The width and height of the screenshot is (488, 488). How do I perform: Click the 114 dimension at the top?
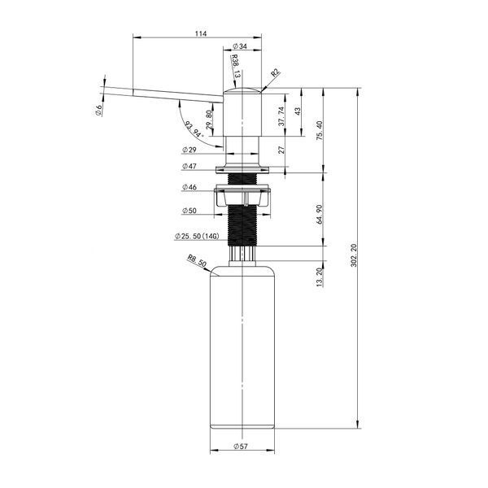pyautogui.click(x=201, y=33)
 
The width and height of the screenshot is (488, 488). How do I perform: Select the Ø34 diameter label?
pyautogui.click(x=240, y=46)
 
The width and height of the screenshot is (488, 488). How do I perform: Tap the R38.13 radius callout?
pyautogui.click(x=236, y=67)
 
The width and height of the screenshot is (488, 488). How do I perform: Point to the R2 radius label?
pyautogui.click(x=275, y=73)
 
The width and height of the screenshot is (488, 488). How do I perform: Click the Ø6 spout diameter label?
pyautogui.click(x=98, y=111)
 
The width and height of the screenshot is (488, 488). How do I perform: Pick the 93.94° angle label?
pyautogui.click(x=194, y=129)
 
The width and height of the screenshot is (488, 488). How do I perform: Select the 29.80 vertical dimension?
pyautogui.click(x=209, y=120)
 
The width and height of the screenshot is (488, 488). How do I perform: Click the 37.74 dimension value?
pyautogui.click(x=281, y=116)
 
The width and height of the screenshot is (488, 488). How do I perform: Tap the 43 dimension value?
pyautogui.click(x=298, y=111)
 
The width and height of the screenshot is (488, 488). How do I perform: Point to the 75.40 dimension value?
pyautogui.click(x=320, y=130)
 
